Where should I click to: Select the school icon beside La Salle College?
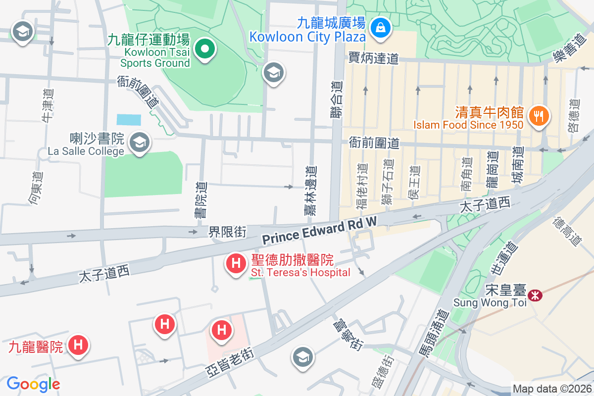pyautogui.click(x=140, y=143)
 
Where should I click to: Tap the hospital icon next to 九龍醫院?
pyautogui.click(x=78, y=345)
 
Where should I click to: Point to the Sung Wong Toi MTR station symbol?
pyautogui.click(x=535, y=296)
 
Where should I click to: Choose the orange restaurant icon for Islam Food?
pyautogui.click(x=537, y=116)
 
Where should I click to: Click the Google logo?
pyautogui.click(x=33, y=384)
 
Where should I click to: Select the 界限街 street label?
pyautogui.click(x=227, y=232)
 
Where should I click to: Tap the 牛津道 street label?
pyautogui.click(x=48, y=105)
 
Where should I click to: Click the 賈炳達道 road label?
pyautogui.click(x=374, y=58)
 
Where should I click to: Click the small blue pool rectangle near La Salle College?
pyautogui.click(x=129, y=120)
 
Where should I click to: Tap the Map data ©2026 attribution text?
pyautogui.click(x=552, y=389)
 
